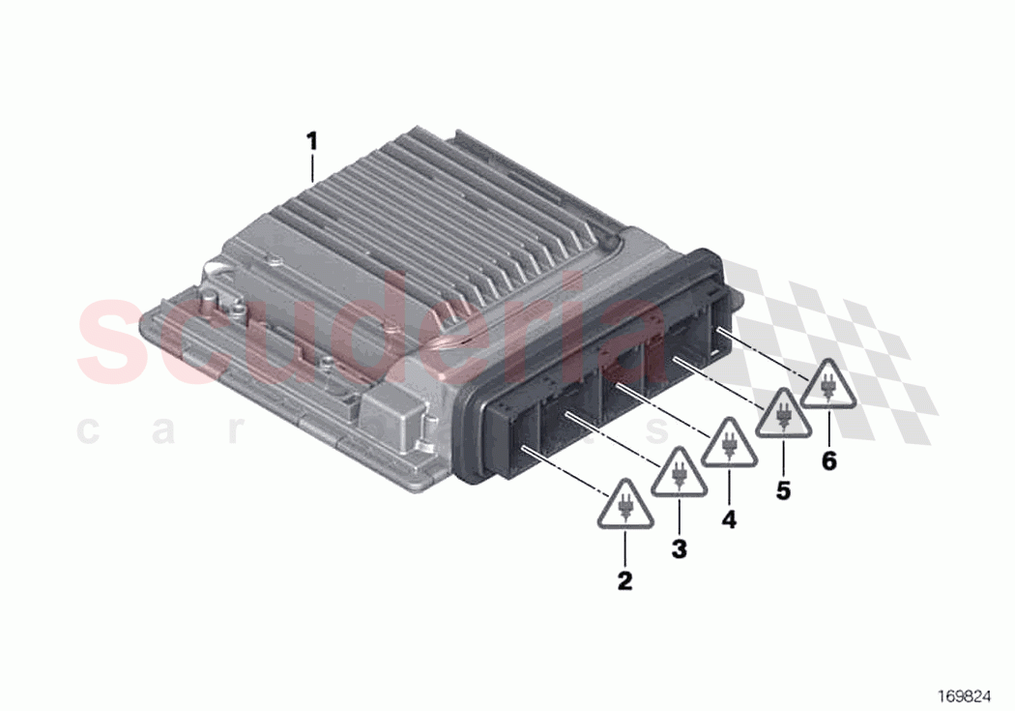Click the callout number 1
[x=311, y=141]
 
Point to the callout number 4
[x=729, y=519]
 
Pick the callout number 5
[x=782, y=490]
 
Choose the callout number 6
[x=828, y=460]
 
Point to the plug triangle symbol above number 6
[x=828, y=387]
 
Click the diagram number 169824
[x=963, y=695]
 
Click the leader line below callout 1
[x=311, y=169]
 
